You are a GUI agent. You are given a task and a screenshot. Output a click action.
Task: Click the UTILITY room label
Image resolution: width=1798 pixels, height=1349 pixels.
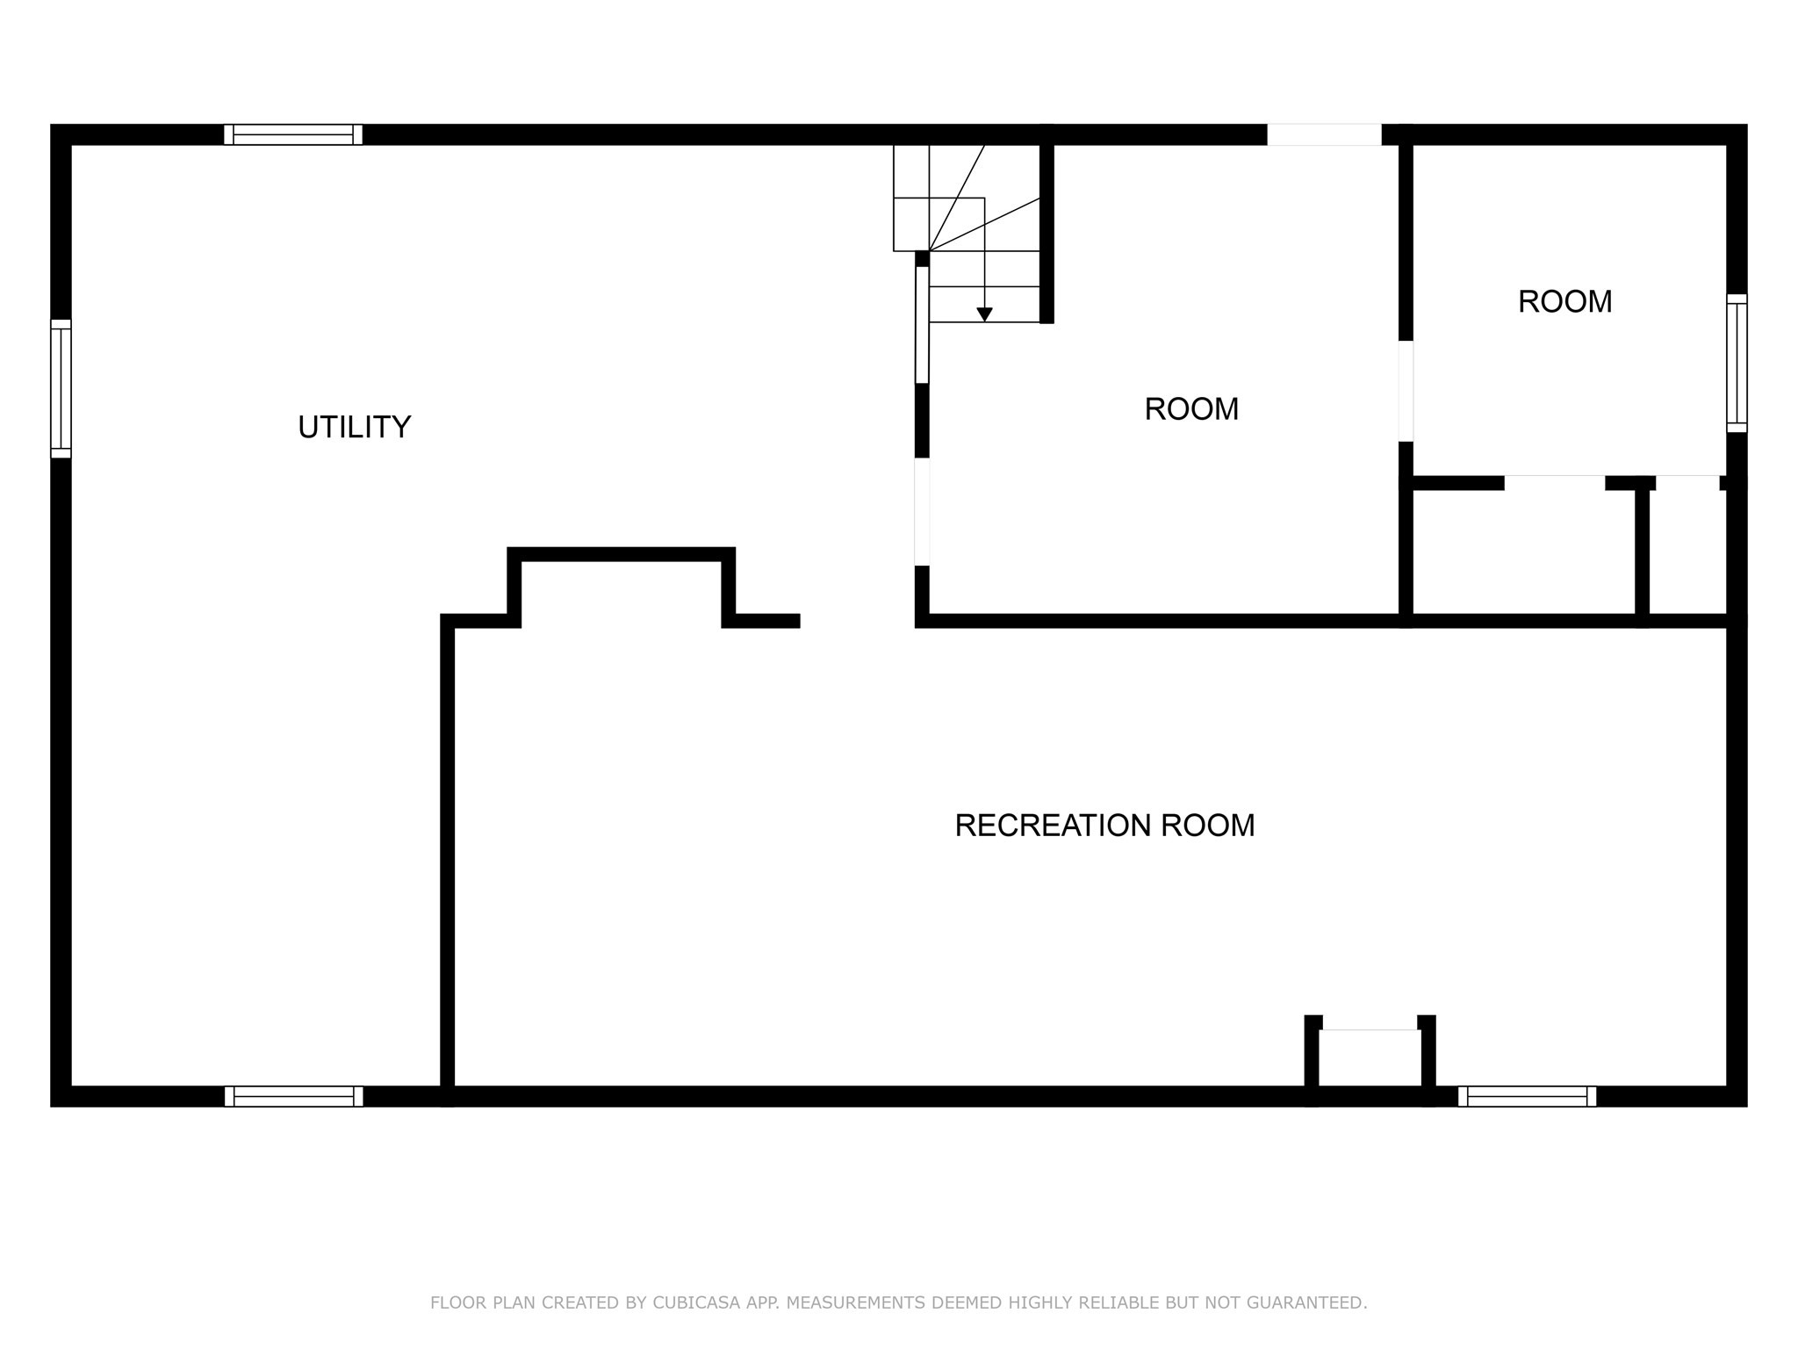pos(354,427)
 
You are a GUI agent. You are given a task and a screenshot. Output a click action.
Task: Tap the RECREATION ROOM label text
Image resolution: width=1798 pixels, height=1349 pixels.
pos(1104,826)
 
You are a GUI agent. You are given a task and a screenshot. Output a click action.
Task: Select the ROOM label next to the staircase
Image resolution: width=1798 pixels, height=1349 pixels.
pos(1191,409)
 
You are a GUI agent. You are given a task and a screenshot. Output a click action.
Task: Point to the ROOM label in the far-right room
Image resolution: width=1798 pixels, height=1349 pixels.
pos(1564,302)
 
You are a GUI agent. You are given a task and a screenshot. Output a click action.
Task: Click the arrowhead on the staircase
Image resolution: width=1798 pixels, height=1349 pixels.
pos(984,314)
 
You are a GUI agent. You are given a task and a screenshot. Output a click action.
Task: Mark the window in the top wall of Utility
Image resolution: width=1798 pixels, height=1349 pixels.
pos(293,134)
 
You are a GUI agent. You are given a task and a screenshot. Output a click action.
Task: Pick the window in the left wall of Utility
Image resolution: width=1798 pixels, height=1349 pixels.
pos(61,388)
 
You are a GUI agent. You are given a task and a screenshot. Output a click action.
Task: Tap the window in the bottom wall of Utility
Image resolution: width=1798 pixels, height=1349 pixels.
pos(293,1096)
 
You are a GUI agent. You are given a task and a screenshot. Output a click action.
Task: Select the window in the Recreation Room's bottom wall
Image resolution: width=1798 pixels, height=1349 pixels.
pos(1527,1096)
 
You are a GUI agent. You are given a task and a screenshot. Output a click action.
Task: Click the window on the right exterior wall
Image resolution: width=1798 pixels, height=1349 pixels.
pos(1737,363)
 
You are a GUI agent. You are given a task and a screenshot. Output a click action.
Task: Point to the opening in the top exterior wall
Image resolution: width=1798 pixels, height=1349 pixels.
pos(1324,134)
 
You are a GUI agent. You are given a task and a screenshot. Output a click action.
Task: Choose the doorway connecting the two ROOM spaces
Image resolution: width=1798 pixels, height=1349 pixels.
pos(1406,391)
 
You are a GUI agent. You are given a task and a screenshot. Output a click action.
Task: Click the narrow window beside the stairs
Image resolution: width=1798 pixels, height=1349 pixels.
pos(922,325)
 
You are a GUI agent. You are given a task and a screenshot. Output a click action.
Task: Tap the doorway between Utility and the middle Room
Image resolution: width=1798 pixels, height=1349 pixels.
pos(922,512)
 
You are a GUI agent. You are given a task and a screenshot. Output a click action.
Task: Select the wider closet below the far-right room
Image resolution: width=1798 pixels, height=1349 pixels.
pos(1523,552)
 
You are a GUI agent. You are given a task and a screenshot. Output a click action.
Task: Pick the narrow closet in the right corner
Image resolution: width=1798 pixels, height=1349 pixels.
pos(1687,552)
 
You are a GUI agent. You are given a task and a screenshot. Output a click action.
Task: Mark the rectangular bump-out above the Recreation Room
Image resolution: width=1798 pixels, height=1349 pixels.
pos(621,587)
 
